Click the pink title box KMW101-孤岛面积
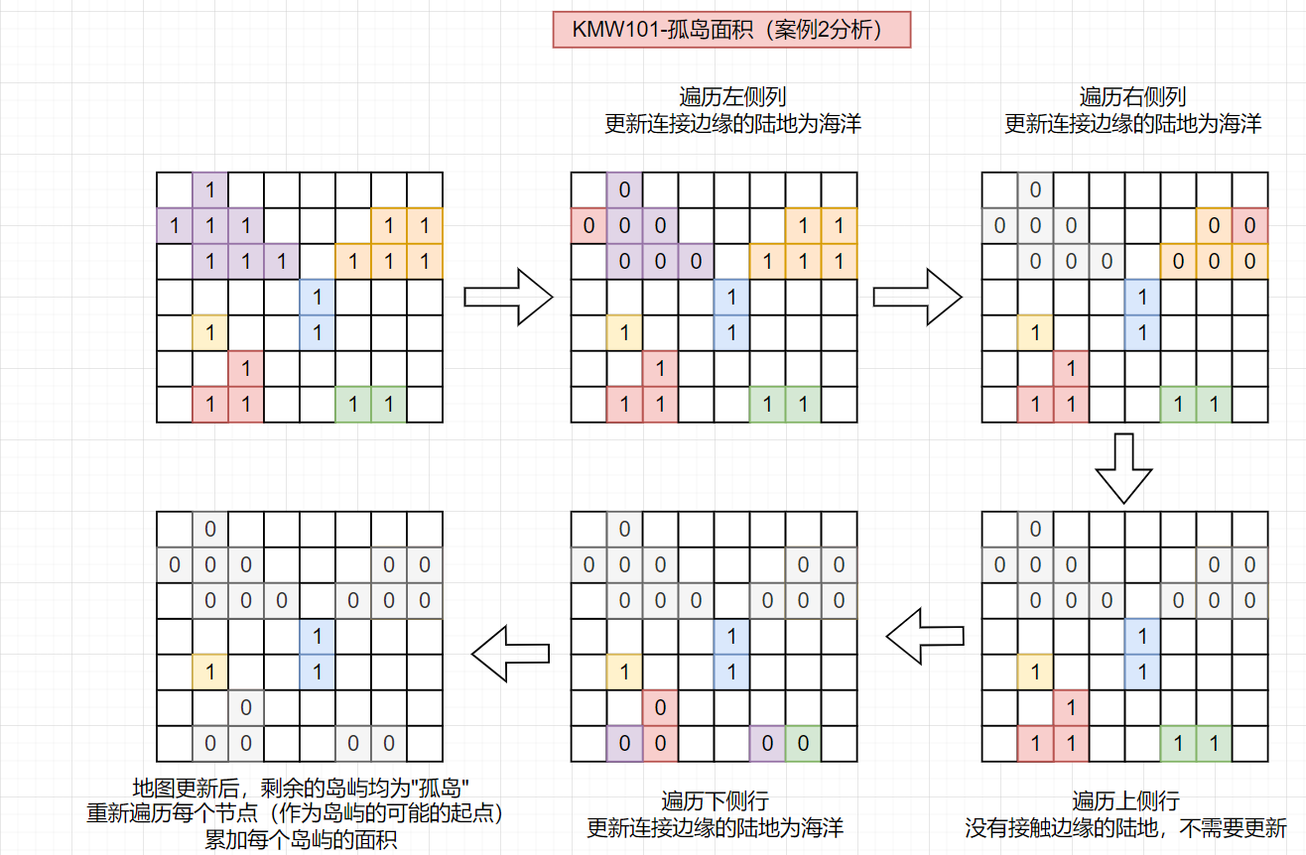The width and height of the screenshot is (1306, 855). coord(731,30)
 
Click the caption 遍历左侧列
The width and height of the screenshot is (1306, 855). coord(732,97)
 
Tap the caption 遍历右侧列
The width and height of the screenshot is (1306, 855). coord(1132,97)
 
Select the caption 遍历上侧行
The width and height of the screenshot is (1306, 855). coord(1125,801)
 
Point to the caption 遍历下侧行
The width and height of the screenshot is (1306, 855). coord(715,801)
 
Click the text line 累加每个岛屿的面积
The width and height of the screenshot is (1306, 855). coord(301,840)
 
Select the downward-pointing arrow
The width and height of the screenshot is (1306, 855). coord(1123,468)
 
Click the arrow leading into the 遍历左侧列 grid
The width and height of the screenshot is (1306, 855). coord(508,298)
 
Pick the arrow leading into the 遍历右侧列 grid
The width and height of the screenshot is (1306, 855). coord(918,298)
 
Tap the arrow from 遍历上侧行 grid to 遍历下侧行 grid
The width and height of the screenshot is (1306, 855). coord(925,637)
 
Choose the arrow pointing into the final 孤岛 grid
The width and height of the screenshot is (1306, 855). coord(510,654)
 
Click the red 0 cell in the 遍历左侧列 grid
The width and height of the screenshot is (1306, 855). coord(588,225)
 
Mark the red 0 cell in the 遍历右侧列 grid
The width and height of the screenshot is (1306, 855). coord(1250,225)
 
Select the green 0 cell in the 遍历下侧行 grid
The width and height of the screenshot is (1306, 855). coord(804,744)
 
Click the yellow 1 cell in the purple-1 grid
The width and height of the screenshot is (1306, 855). coord(210,333)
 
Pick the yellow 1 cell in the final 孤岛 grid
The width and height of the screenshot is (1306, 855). coord(210,672)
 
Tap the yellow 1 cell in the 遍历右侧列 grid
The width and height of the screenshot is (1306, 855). coord(1035,333)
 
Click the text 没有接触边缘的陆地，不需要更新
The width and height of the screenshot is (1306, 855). coord(1125,827)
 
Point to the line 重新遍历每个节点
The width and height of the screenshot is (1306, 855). coord(172,813)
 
